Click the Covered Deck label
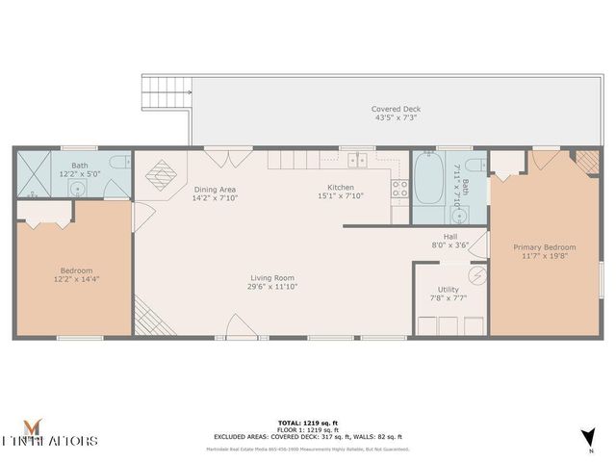click(x=396, y=109)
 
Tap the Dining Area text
click(x=215, y=189)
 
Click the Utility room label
click(x=448, y=289)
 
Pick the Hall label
click(x=449, y=236)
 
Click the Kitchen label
click(x=340, y=187)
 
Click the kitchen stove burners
click(x=400, y=189)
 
